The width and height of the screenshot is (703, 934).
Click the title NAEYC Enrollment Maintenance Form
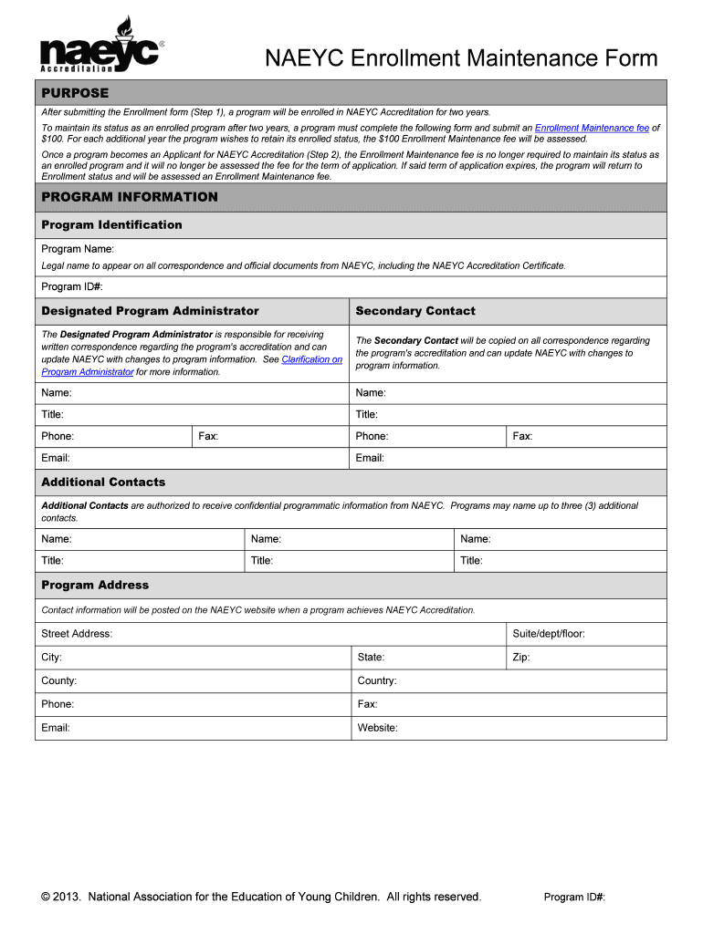pos(461,59)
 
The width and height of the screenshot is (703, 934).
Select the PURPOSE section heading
pos(75,93)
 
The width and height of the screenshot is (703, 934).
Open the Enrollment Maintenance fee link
pos(591,129)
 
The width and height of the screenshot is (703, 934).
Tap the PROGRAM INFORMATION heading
pos(130,197)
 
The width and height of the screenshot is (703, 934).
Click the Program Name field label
pos(78,249)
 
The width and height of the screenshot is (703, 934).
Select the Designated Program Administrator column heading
pos(150,311)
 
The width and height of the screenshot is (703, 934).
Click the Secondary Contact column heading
pos(415,311)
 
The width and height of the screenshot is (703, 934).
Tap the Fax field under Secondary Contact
pos(522,436)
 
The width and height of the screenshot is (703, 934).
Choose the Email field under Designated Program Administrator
pos(56,458)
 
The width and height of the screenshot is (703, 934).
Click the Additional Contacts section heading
pos(103,482)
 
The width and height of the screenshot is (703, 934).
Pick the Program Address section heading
pos(95,585)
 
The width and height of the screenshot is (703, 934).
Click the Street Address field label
pos(77,633)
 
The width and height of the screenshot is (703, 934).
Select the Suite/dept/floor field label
pos(549,633)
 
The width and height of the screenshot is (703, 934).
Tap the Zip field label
pos(521,657)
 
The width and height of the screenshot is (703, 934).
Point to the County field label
pos(59,680)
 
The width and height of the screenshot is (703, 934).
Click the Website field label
pos(377,728)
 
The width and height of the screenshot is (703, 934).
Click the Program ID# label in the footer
pos(574,898)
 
